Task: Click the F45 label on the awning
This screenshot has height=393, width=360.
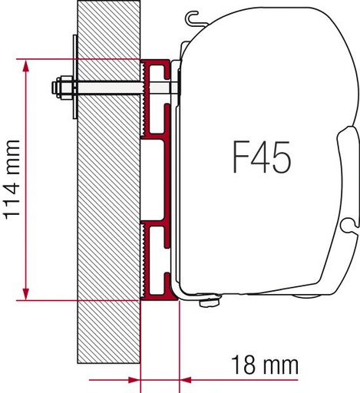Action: point(262,157)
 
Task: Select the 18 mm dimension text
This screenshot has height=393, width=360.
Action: point(265,365)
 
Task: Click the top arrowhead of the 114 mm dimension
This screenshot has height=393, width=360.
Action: point(25,68)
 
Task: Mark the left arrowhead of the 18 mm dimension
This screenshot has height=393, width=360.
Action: point(134,380)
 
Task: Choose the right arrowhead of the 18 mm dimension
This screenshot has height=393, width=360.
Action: point(187,380)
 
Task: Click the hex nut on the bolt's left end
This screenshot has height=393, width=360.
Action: point(62,87)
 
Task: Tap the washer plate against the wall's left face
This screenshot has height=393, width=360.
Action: point(75,77)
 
